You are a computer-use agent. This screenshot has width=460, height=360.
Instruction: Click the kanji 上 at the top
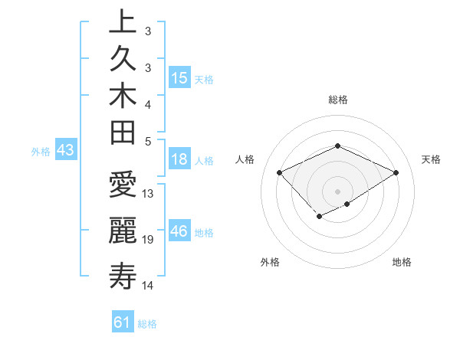[x=122, y=22]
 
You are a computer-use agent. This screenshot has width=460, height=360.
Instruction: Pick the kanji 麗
[x=122, y=231]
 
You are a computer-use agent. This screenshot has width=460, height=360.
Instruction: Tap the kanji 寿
[x=122, y=275]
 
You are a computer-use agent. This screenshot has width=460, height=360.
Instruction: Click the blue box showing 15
[x=179, y=78]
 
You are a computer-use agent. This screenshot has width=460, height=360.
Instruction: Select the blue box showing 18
[x=179, y=160]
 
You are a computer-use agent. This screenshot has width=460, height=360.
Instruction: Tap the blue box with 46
[x=179, y=232]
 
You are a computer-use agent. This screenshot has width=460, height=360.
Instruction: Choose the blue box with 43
[x=65, y=151]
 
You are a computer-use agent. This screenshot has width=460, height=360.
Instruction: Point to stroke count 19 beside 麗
[x=148, y=240]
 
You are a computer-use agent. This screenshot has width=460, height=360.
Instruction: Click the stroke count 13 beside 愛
[x=148, y=194]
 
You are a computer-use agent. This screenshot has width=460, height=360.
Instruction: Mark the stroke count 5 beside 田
[x=148, y=140]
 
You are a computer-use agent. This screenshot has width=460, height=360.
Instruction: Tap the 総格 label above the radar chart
[x=338, y=100]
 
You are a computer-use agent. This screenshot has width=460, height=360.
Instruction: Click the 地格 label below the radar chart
[x=402, y=262]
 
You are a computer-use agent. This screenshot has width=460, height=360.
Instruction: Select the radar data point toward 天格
[x=396, y=172]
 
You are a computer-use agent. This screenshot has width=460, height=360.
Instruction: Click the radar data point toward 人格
[x=280, y=172]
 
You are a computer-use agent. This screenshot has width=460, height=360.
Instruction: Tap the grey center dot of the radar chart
[x=338, y=191]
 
